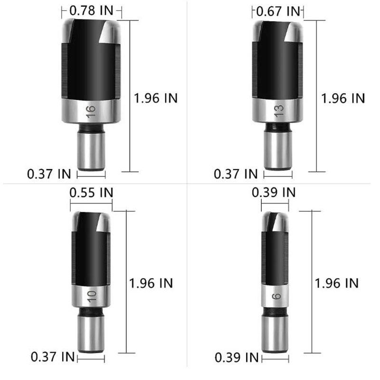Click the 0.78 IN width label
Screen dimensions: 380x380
tap(91, 10)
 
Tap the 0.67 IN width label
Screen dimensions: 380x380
tap(278, 11)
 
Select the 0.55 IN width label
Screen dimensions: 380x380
tap(91, 193)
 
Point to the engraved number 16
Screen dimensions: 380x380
tap(91, 112)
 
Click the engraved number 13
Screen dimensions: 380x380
tap(279, 111)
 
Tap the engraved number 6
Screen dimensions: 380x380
tap(276, 296)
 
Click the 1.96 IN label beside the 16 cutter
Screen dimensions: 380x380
tap(156, 98)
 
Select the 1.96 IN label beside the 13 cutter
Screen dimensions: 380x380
tap(343, 98)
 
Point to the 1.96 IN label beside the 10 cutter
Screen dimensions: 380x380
tap(151, 283)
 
